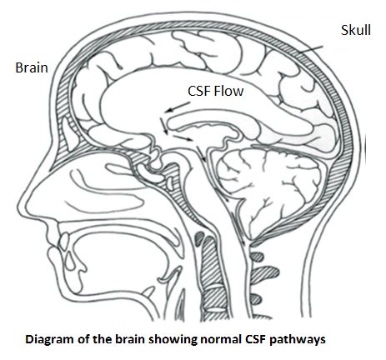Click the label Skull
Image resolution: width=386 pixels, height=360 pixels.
[356, 30]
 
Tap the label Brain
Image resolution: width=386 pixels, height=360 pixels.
[32, 67]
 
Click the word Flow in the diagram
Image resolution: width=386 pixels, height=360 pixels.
[228, 91]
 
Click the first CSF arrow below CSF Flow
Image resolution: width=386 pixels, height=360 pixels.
[177, 107]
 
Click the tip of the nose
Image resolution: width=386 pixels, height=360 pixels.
[20, 205]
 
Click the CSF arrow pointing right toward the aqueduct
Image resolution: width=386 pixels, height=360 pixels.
[183, 137]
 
